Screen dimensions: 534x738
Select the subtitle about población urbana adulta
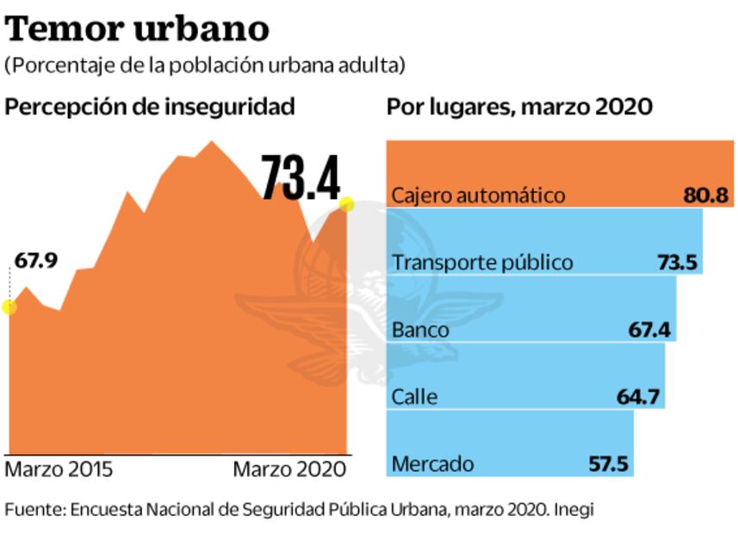click(x=205, y=65)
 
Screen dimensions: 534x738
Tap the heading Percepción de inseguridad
click(x=150, y=107)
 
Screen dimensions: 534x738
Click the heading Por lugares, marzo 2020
click(x=519, y=107)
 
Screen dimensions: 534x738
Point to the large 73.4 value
click(x=301, y=178)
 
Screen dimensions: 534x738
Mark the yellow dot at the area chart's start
click(x=9, y=307)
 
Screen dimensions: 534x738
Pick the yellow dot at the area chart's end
click(x=347, y=204)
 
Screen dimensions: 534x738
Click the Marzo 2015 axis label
click(x=59, y=470)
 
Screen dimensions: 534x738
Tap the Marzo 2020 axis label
click(x=290, y=470)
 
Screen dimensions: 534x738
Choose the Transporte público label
click(x=481, y=263)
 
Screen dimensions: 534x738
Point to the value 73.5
click(x=677, y=263)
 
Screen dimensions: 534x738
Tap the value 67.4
click(x=650, y=330)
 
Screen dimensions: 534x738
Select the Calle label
click(x=414, y=397)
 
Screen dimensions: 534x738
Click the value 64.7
click(x=638, y=397)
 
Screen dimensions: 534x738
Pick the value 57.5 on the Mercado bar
click(x=608, y=464)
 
